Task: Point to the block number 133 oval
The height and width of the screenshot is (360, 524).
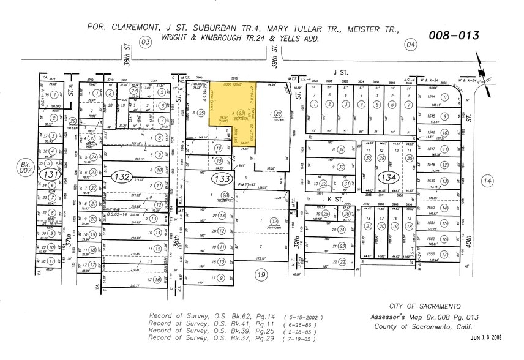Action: tap(220, 177)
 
